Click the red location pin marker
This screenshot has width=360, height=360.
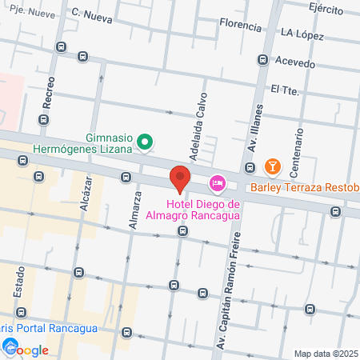(180, 178)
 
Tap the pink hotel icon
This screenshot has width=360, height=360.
(217, 185)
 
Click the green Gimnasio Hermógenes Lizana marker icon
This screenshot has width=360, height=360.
(144, 143)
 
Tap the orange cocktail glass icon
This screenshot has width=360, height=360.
(273, 166)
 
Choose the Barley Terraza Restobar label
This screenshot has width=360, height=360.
(304, 188)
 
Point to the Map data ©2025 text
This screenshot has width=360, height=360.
(326, 354)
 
